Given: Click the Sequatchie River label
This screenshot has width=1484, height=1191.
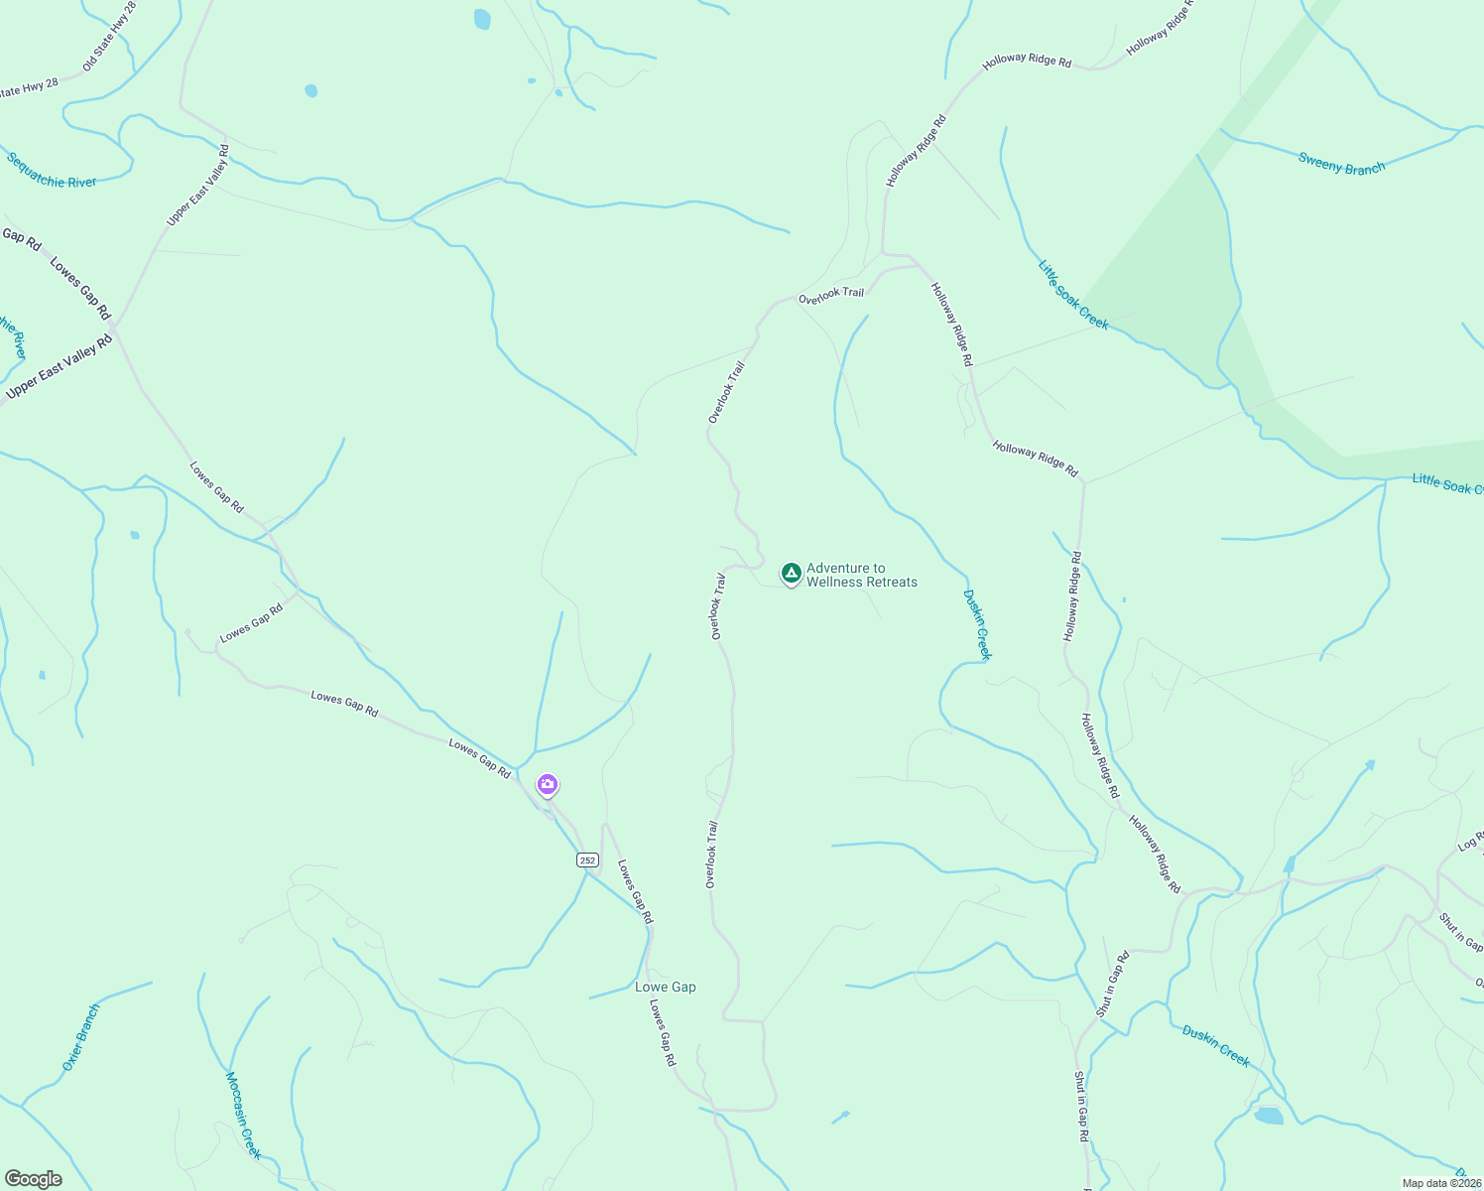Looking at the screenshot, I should coord(52,170).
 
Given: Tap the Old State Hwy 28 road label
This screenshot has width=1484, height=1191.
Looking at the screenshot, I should coord(109,36).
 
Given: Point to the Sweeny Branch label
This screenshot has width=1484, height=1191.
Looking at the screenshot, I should coord(1341,164).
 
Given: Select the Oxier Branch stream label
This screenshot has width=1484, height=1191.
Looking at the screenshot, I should coord(81,1037).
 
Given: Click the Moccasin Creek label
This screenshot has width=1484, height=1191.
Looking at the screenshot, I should coord(243,1115).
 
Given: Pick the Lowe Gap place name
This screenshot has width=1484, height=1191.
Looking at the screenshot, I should coord(666,988).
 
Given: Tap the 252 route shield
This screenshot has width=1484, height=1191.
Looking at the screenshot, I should coord(587,860).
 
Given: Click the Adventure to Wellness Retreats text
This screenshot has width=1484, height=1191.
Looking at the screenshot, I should coord(861,576).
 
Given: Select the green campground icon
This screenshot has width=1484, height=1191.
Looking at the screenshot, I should coord(791,573).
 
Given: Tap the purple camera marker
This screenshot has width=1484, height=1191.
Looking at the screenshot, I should coord(547,785).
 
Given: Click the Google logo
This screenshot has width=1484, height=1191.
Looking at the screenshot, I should coord(33,1179).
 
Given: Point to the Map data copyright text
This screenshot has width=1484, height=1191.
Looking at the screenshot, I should coord(1441,1183).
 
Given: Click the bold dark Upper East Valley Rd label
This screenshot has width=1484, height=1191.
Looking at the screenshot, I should coord(60,367).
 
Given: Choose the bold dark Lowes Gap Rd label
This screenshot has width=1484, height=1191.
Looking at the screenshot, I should coord(79,289).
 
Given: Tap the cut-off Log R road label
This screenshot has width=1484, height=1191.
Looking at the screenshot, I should coord(1470,841).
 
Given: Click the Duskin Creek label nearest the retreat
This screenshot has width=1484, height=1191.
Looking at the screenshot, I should coord(977,624).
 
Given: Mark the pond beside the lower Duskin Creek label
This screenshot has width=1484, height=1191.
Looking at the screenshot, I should coord(1268,1116).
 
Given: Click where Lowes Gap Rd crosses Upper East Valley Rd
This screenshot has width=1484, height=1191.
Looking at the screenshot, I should coord(114,327).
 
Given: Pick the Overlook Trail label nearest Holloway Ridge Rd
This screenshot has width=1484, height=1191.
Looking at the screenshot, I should coord(831,294).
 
